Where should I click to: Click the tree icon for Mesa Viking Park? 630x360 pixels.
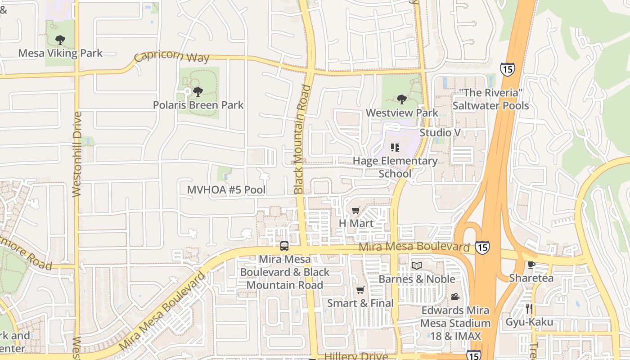[x=60, y=40]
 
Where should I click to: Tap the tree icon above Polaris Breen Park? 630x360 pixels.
[x=198, y=92]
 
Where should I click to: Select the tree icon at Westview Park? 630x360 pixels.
[x=401, y=99]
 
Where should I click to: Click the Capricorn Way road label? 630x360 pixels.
[x=172, y=57]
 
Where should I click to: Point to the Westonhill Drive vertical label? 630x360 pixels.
[x=77, y=154]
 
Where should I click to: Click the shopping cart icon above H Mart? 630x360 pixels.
[x=356, y=210]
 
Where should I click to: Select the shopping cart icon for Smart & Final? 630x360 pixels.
[x=360, y=290]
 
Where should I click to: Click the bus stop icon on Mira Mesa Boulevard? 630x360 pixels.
[x=284, y=246]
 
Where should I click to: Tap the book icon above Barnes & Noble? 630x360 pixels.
[x=417, y=266]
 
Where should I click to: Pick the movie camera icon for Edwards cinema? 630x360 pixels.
[x=455, y=297]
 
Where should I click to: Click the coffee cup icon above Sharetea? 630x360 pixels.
[x=531, y=265]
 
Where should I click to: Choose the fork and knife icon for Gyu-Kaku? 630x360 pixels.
[x=529, y=309]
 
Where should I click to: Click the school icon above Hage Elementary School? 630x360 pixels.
[x=395, y=148]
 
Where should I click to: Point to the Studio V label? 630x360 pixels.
[x=436, y=133]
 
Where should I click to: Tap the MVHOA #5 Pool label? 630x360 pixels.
[x=226, y=190]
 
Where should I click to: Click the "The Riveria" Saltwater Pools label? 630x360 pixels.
[x=490, y=99]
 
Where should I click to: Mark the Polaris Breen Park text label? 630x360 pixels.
[x=198, y=105]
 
